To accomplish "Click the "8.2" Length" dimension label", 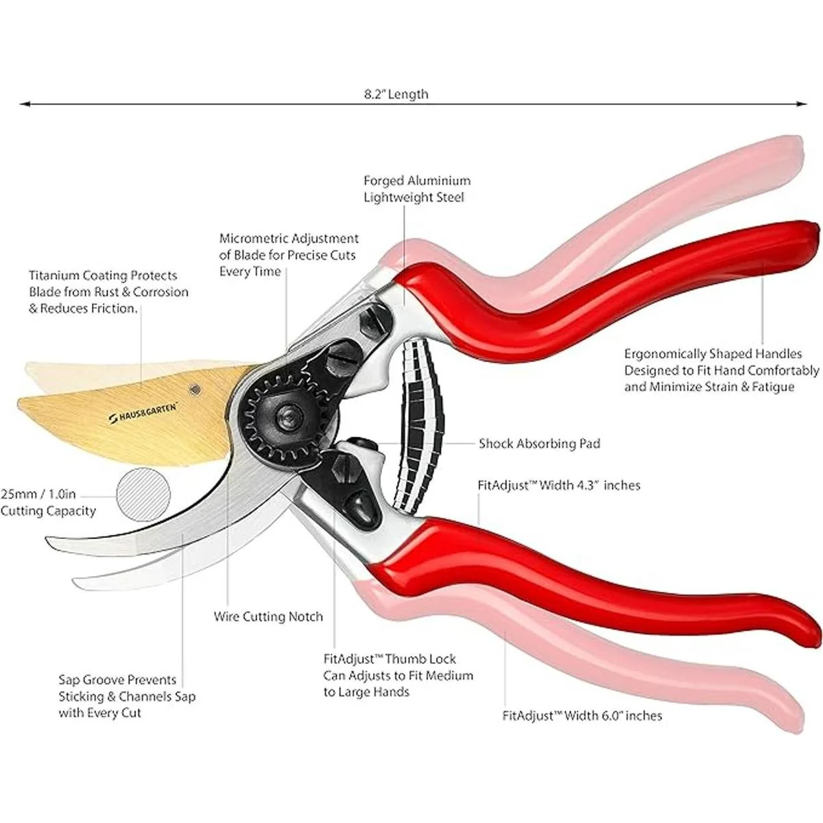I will [x=396, y=94].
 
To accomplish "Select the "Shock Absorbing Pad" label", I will [x=539, y=444].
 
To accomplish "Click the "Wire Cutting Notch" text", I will [x=268, y=617].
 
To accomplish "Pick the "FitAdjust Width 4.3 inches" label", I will [x=558, y=486].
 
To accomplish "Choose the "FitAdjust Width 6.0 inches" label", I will [x=582, y=716].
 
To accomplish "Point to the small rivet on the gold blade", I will [x=195, y=390].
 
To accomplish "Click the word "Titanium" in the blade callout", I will [x=56, y=276].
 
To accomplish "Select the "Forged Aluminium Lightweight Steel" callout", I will [x=417, y=189].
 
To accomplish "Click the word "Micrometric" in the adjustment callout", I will [x=253, y=239].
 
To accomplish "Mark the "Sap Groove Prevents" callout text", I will [x=117, y=680].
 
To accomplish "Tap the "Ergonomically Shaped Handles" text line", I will [x=713, y=354].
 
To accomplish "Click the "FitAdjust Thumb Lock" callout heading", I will [x=390, y=659].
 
